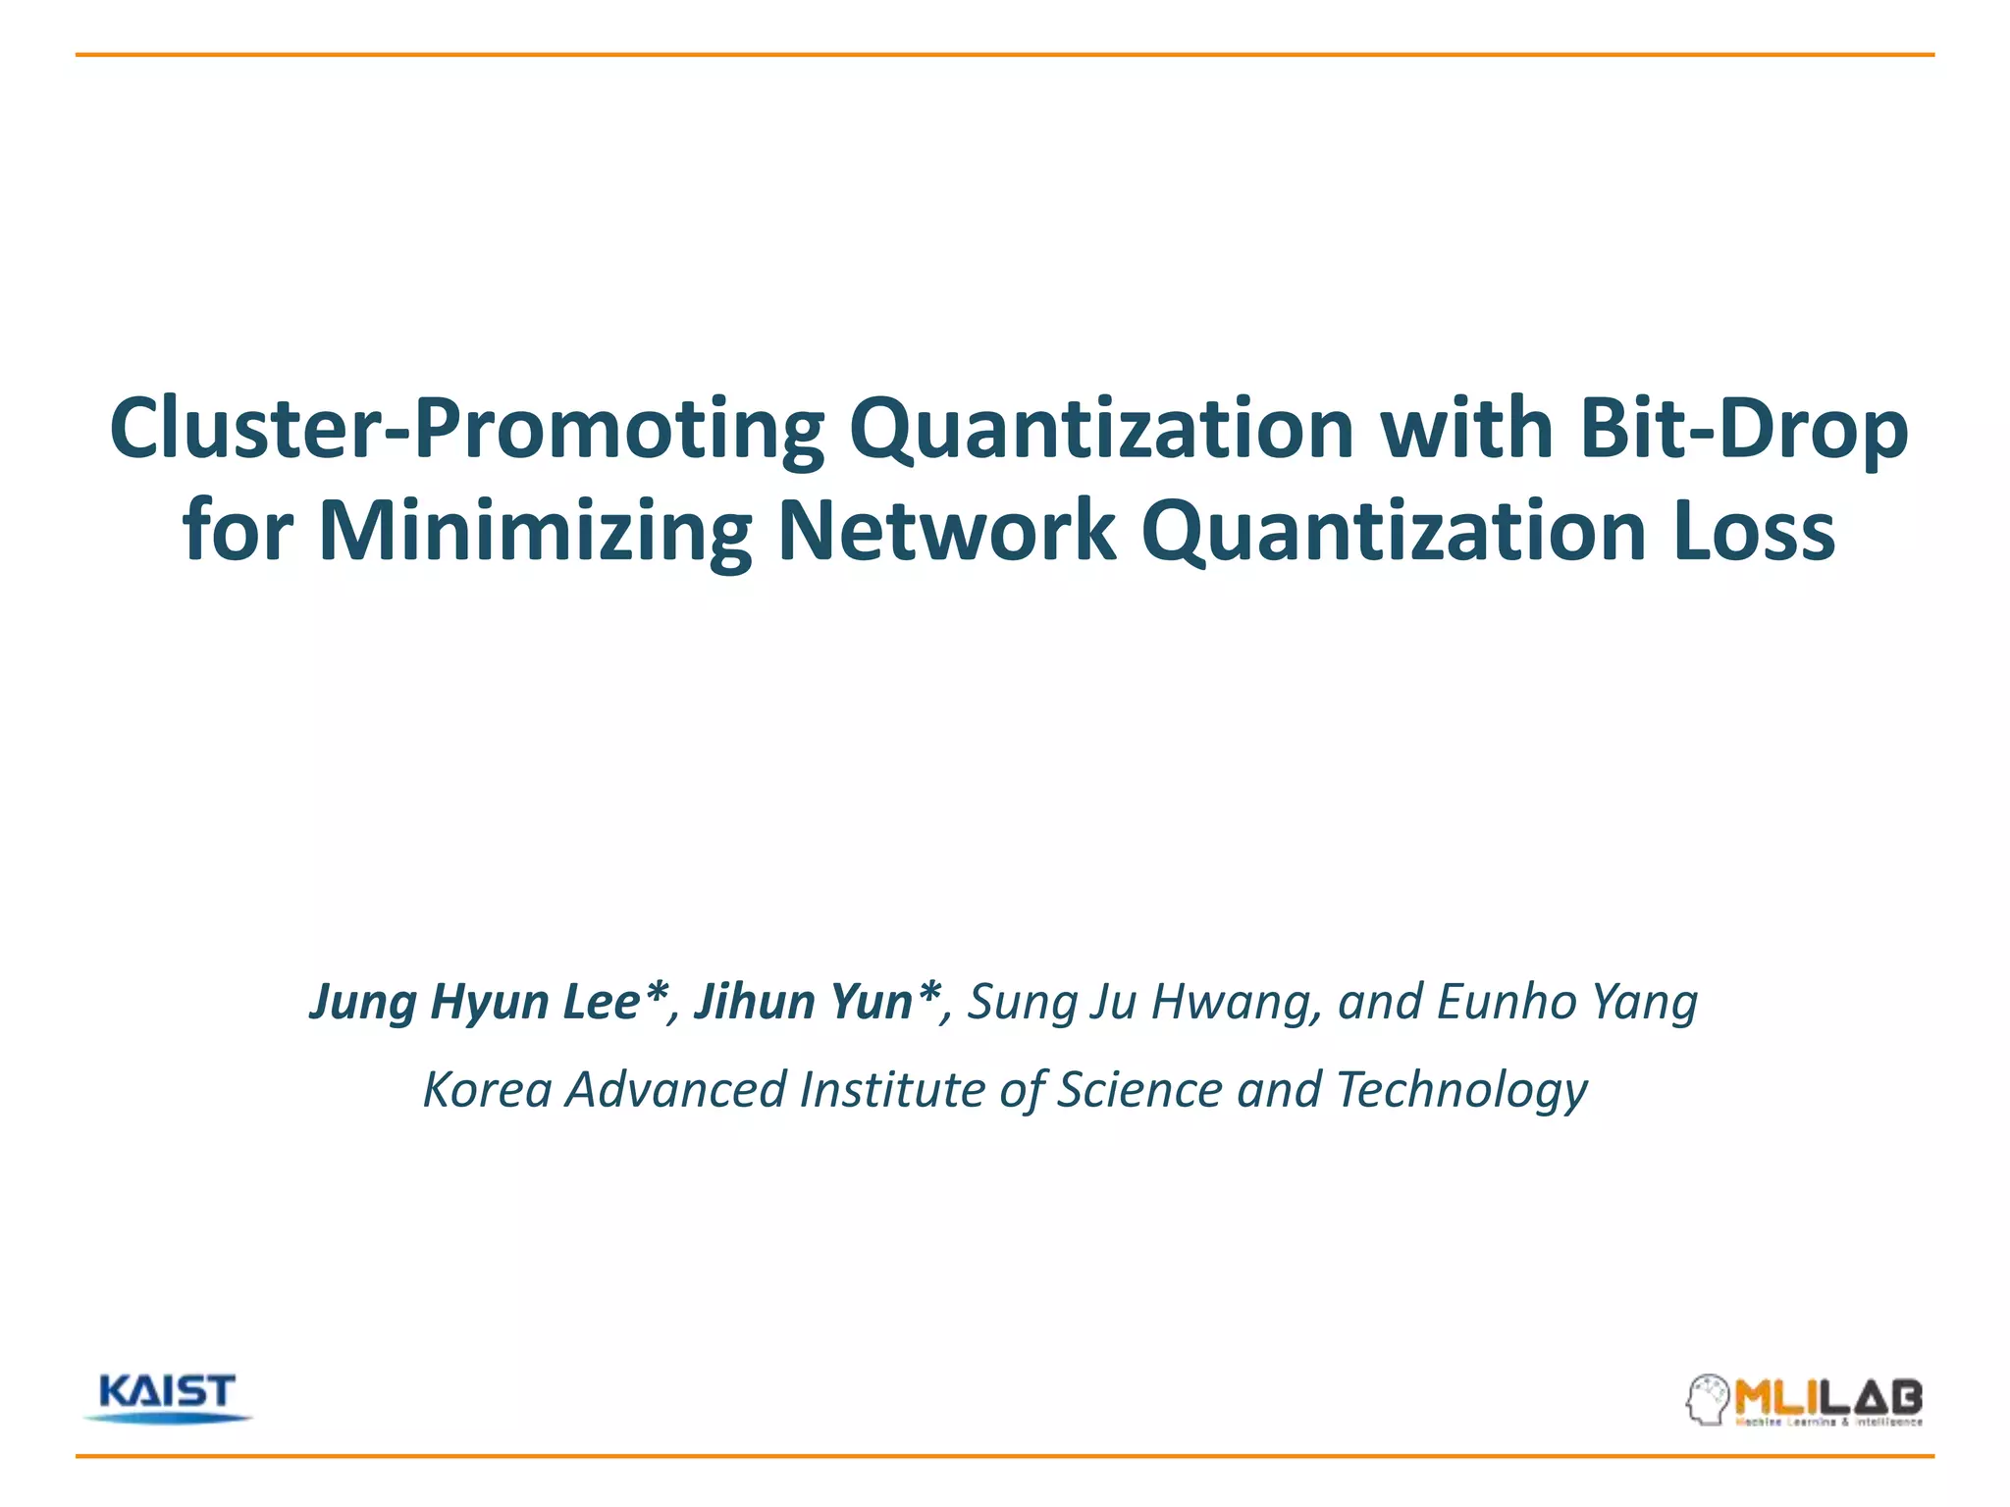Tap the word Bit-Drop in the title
(x=1744, y=430)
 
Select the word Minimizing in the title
(x=535, y=531)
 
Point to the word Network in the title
(x=946, y=531)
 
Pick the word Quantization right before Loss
(x=1394, y=531)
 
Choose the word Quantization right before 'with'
(x=1102, y=430)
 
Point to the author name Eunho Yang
(x=1567, y=1002)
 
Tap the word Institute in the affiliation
(x=892, y=1090)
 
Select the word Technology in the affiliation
(x=1461, y=1090)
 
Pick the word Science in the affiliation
(x=1139, y=1090)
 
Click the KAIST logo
(x=168, y=1397)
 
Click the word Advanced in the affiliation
(x=676, y=1090)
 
